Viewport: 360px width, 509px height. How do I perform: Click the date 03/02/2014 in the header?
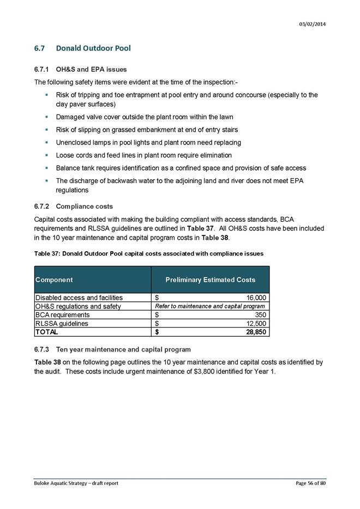[313, 25]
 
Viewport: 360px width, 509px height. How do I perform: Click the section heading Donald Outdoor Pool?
[93, 49]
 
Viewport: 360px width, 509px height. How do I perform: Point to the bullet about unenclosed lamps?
[148, 142]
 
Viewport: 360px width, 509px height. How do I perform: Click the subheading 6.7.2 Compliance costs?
[74, 207]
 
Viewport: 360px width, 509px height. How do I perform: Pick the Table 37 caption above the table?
[149, 253]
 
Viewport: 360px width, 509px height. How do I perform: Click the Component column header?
[54, 280]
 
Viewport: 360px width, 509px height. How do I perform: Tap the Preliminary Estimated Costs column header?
[210, 280]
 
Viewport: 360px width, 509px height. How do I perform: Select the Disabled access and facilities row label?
[79, 298]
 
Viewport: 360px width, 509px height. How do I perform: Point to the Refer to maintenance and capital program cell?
[210, 306]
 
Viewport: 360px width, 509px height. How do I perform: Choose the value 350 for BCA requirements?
[260, 314]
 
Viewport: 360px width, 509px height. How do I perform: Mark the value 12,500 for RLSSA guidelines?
[255, 323]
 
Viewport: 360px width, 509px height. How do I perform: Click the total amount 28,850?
[254, 331]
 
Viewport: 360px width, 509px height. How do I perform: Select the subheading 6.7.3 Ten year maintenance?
[112, 349]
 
